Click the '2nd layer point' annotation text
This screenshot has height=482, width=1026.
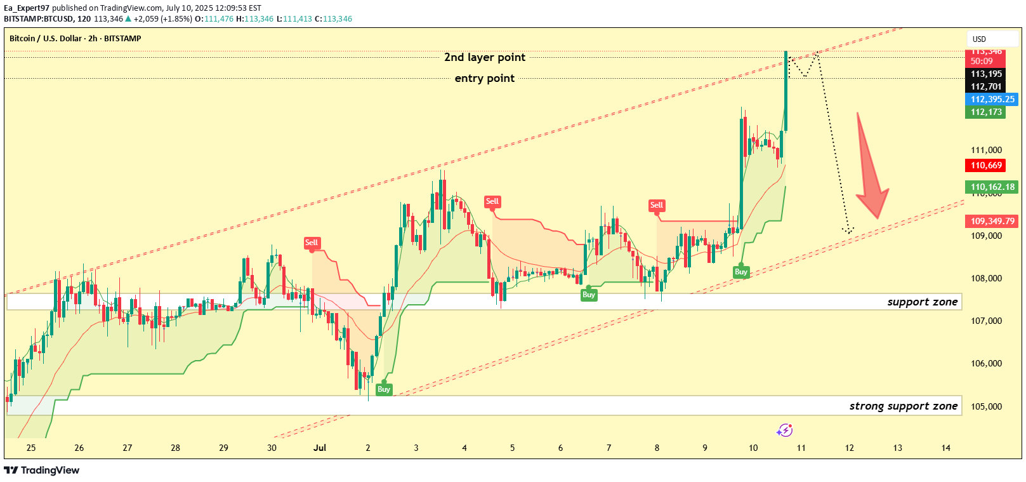point(485,57)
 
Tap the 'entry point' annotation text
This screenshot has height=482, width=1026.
point(485,78)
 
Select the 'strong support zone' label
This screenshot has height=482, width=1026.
point(903,406)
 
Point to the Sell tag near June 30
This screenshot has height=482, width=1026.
point(312,243)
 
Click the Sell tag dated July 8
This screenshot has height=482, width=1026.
point(656,205)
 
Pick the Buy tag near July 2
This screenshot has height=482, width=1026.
point(384,389)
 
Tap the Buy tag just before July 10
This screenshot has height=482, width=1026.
point(741,272)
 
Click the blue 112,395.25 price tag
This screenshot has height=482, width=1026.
point(992,99)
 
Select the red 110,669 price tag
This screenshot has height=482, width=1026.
point(986,165)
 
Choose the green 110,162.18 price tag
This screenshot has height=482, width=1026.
point(992,187)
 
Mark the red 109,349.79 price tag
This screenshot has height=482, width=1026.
point(992,221)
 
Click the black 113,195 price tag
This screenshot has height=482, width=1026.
point(986,74)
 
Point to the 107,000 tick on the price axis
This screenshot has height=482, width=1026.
point(986,321)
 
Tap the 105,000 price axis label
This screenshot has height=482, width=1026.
point(986,406)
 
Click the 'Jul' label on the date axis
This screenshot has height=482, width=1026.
point(320,448)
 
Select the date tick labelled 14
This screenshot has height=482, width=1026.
point(945,448)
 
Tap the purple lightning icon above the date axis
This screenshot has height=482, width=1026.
point(785,431)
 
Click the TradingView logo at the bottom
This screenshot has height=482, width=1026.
point(42,470)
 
